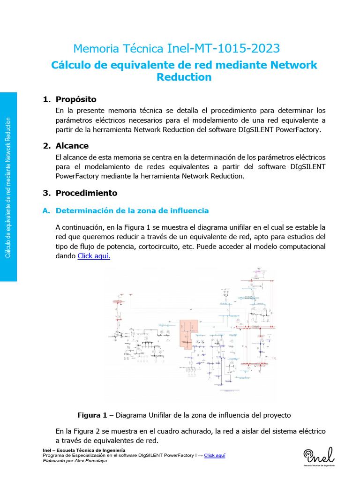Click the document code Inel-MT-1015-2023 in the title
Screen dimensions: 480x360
(223, 48)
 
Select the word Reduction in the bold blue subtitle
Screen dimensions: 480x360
(184, 77)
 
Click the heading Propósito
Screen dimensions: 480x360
(76, 99)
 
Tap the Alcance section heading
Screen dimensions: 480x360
(72, 146)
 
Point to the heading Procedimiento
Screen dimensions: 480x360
(86, 193)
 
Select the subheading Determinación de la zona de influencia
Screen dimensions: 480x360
(132, 210)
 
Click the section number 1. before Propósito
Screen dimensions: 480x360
(46, 99)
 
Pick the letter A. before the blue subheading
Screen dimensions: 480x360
(46, 210)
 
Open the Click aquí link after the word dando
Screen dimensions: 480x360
(94, 256)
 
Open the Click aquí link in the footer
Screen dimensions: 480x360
(215, 455)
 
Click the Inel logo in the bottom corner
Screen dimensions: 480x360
(319, 456)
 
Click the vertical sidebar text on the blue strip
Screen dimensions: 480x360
(8, 187)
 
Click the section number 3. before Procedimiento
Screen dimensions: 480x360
(46, 193)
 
